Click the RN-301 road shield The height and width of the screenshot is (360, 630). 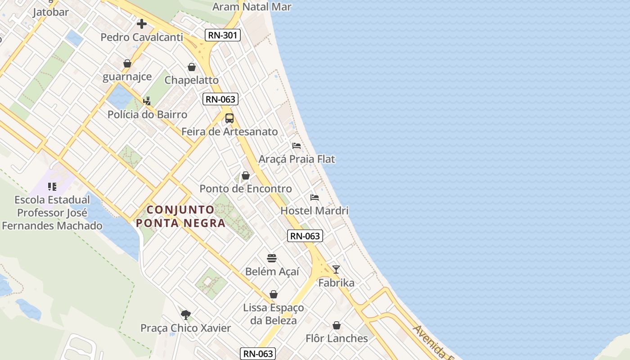coord(223,35)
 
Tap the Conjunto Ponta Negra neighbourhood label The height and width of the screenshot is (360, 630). coord(180,216)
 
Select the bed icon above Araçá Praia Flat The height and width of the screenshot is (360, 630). coord(297,146)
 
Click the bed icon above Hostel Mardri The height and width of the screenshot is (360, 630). coord(315,197)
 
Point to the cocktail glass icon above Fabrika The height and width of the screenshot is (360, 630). coord(336,269)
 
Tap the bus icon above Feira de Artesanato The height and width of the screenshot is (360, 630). coord(229,118)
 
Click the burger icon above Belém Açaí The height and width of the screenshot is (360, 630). coord(272,258)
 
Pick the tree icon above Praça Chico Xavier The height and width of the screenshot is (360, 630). coord(185,315)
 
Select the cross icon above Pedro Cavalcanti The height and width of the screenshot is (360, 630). coord(142,23)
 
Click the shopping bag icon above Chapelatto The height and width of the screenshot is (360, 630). coord(192,67)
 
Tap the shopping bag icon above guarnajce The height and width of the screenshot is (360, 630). coord(127,63)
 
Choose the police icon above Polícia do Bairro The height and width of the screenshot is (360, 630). coord(147,101)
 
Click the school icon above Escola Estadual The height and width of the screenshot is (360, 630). coord(52,186)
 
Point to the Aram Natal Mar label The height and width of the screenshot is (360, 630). coord(252,7)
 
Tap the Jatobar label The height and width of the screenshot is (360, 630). coord(50,12)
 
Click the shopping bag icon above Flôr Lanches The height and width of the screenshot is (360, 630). coord(337,325)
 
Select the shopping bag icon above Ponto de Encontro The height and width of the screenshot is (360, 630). coord(246,175)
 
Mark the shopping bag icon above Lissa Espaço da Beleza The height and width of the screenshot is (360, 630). coord(273,294)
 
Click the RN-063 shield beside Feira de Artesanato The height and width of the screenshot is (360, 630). coord(220,99)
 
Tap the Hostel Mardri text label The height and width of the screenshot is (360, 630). coord(315,211)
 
